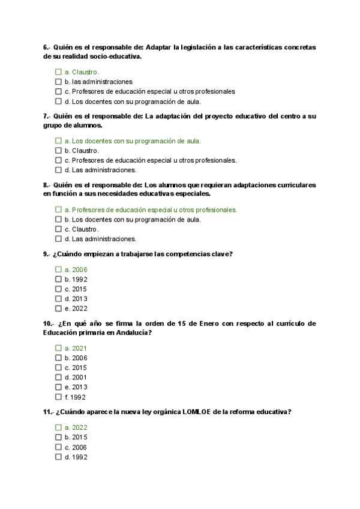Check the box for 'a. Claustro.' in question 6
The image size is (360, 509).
pyautogui.click(x=58, y=72)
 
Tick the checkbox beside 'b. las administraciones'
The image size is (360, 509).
pyautogui.click(x=58, y=82)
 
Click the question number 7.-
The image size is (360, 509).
pyautogui.click(x=47, y=116)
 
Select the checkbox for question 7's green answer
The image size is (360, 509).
pyautogui.click(x=58, y=141)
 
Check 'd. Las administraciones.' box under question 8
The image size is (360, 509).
pyautogui.click(x=58, y=239)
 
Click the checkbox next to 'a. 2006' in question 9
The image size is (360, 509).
pyautogui.click(x=58, y=270)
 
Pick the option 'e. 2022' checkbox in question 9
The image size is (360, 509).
pyautogui.click(x=58, y=309)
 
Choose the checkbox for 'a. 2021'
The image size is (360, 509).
pyautogui.click(x=58, y=348)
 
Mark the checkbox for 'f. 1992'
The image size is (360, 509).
pyautogui.click(x=58, y=397)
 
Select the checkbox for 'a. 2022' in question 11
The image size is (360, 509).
pyautogui.click(x=58, y=427)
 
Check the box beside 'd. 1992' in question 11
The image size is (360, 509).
pyautogui.click(x=58, y=457)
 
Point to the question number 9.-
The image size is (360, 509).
pyautogui.click(x=47, y=254)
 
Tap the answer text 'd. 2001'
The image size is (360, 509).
pyautogui.click(x=76, y=378)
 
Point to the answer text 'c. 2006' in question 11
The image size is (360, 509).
pyautogui.click(x=76, y=447)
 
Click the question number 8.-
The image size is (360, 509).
pyautogui.click(x=47, y=185)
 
